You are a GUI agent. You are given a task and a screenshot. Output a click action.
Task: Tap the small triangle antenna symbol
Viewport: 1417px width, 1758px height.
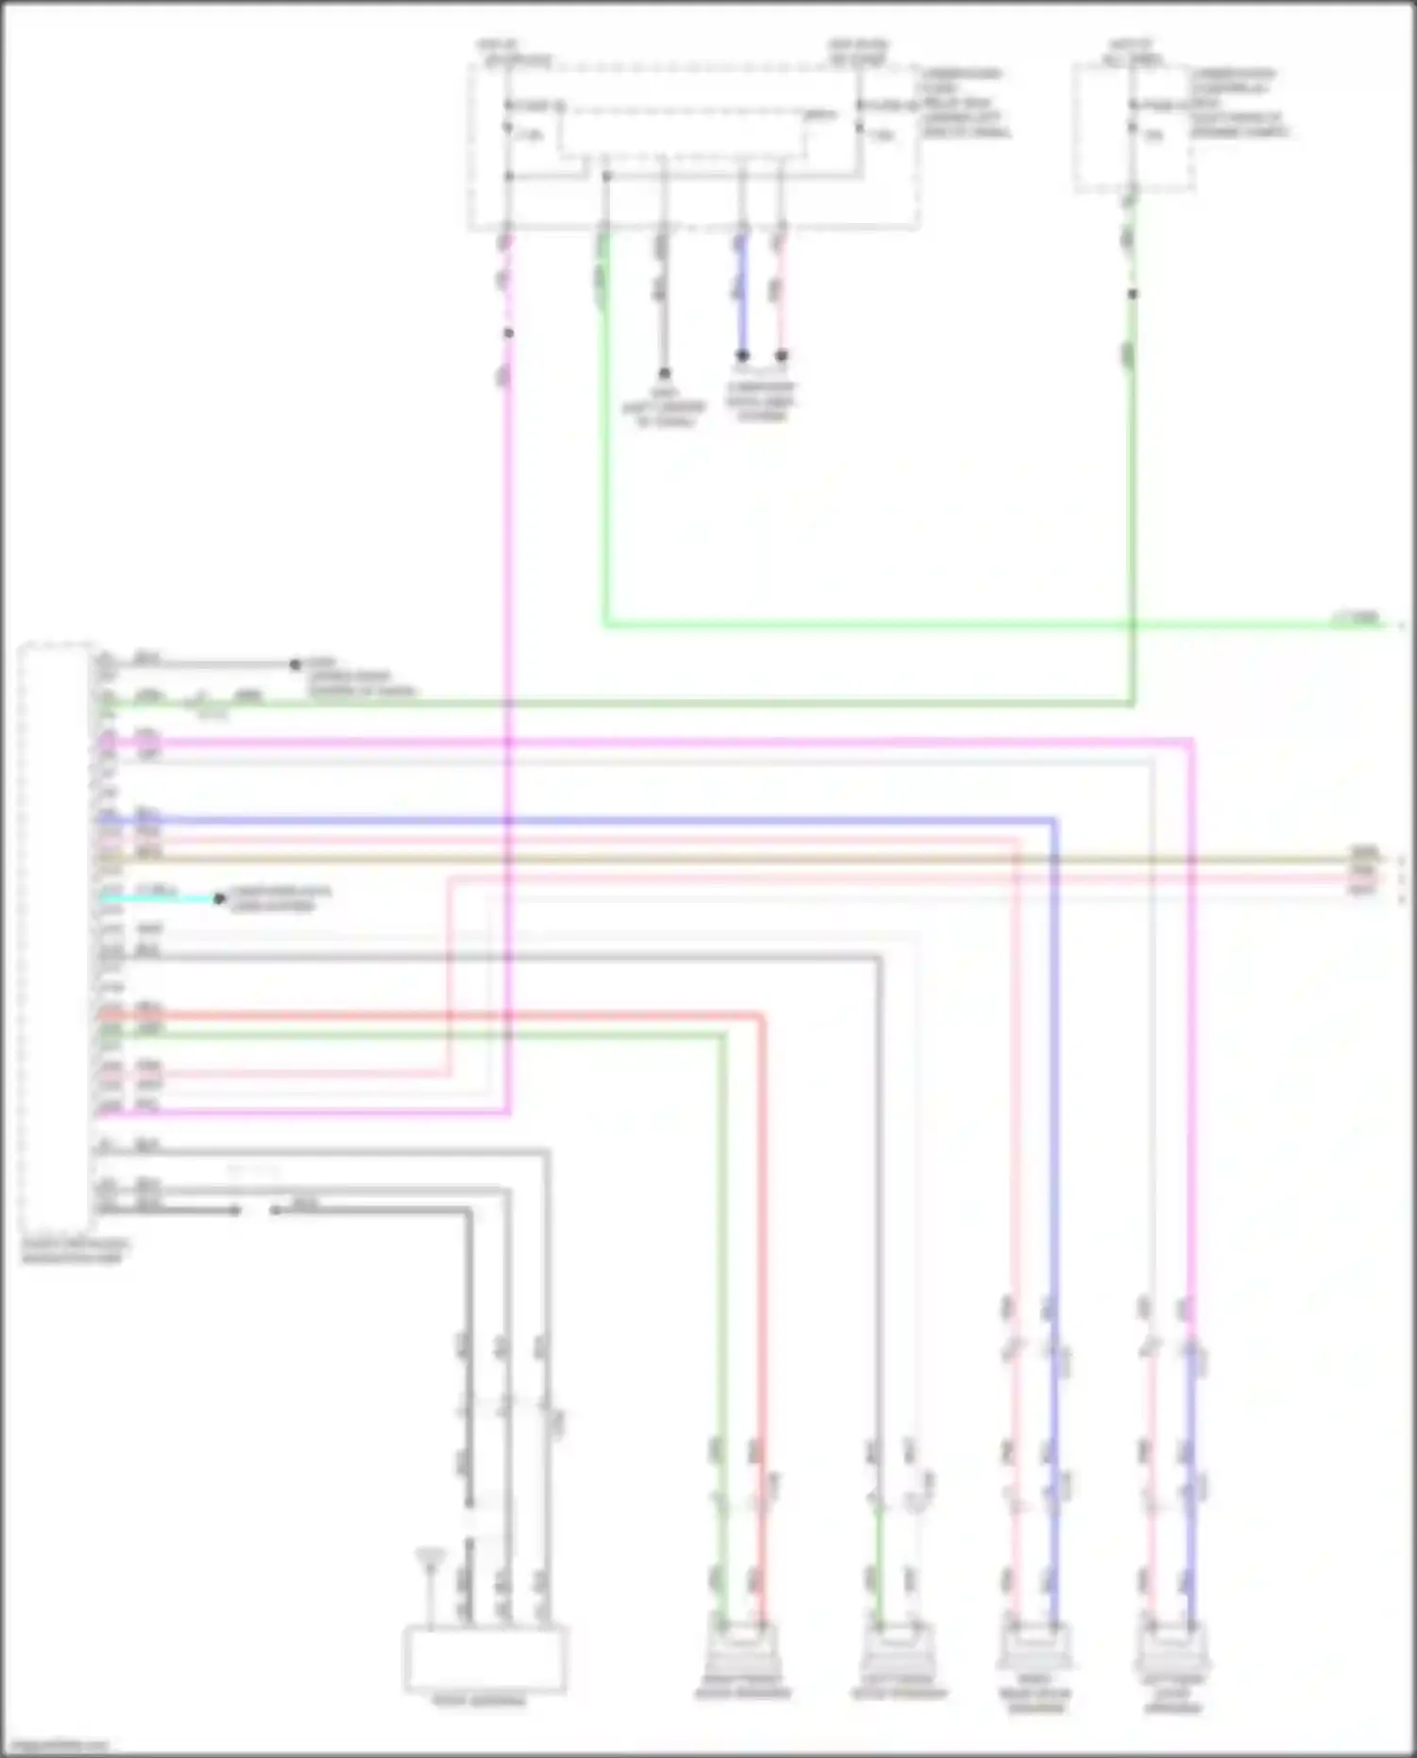(x=430, y=1557)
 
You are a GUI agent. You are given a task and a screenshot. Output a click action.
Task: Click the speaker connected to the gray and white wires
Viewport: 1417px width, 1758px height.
(x=896, y=1648)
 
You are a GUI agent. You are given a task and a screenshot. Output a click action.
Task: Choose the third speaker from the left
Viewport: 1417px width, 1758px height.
(x=1034, y=1648)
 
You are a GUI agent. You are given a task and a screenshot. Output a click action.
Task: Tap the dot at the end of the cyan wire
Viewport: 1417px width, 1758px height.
(x=219, y=898)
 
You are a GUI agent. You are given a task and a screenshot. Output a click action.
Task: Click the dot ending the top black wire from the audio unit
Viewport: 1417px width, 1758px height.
(x=295, y=664)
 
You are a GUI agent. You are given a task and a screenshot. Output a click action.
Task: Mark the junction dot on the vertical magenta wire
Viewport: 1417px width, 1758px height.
(x=508, y=333)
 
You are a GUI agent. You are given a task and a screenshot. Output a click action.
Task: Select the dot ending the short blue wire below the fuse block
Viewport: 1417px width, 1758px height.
(x=743, y=356)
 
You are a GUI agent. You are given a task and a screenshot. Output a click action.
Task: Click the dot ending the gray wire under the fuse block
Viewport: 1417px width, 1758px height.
(x=664, y=373)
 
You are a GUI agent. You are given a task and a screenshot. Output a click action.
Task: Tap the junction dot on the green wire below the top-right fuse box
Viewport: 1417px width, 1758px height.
(x=1133, y=294)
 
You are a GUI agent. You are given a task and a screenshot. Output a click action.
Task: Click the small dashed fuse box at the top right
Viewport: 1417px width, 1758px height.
(x=1133, y=128)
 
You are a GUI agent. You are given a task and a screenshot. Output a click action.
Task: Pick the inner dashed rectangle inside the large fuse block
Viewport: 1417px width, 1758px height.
(x=682, y=132)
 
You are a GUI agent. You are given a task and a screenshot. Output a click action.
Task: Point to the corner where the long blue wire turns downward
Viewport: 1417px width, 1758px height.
(x=1054, y=821)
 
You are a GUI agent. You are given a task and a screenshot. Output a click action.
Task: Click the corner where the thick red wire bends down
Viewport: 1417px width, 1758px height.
(x=761, y=1017)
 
